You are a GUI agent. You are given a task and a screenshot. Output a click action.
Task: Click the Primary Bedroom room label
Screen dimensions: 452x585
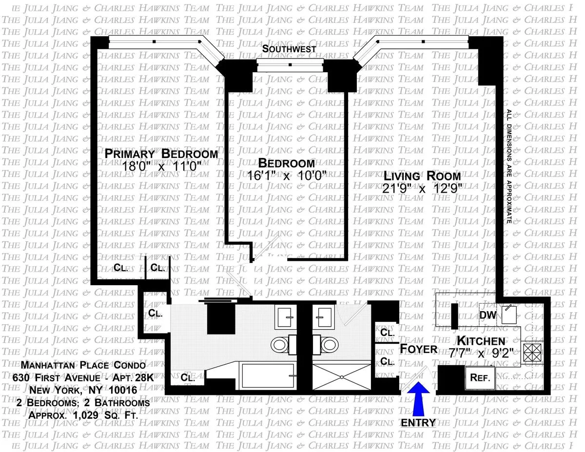[x=161, y=154]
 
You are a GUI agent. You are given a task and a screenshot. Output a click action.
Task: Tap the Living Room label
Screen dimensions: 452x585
[x=422, y=176]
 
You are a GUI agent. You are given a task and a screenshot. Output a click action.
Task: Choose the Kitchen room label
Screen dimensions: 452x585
[x=480, y=341]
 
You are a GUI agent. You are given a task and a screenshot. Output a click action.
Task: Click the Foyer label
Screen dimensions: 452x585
[x=419, y=349]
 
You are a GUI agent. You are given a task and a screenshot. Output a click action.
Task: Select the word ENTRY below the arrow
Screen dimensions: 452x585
[x=418, y=422]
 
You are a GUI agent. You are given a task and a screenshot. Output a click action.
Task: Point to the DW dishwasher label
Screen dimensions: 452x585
[x=487, y=315]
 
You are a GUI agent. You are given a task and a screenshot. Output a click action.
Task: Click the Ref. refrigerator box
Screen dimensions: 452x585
[x=480, y=377]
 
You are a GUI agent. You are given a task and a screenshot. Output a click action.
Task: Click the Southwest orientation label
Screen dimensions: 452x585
[x=289, y=49]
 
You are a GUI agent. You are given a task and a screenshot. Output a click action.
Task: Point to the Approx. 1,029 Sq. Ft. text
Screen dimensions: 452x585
[x=83, y=415]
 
